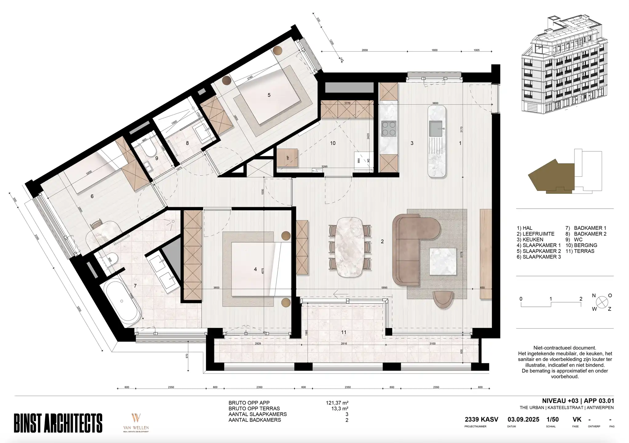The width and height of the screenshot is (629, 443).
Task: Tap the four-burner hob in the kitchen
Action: [x=389, y=129]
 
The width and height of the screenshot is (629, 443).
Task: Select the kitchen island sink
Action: [x=436, y=129]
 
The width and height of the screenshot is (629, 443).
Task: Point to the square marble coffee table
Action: [x=443, y=261]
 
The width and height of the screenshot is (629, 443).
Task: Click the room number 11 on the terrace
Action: [x=344, y=332]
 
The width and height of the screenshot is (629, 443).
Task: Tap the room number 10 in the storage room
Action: [x=332, y=143]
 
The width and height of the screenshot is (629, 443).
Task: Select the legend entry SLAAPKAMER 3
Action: [x=539, y=257]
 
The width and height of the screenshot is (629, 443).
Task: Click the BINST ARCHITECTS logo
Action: [x=58, y=423]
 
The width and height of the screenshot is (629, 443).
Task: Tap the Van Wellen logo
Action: [x=136, y=423]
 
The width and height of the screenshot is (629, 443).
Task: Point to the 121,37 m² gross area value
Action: [x=337, y=403]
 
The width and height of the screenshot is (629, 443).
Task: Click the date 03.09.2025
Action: [x=523, y=420]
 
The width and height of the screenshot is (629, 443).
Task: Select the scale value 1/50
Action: [x=552, y=420]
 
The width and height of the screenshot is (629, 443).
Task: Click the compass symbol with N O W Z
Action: [x=602, y=302]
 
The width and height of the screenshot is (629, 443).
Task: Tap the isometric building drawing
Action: [x=564, y=66]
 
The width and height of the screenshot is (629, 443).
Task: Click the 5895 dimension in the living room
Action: [x=384, y=288]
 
